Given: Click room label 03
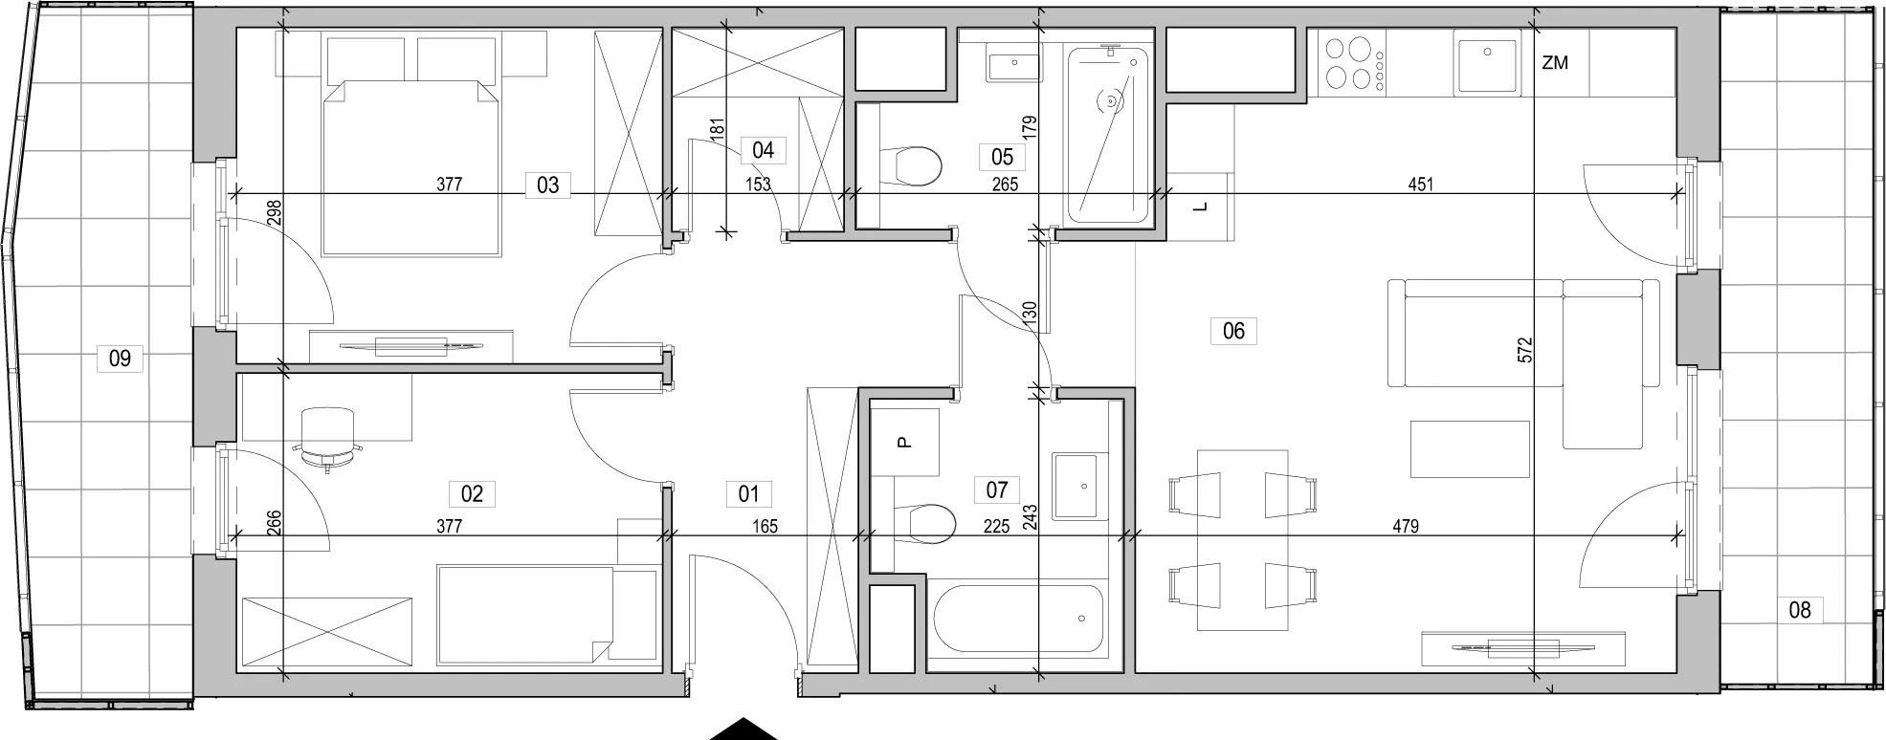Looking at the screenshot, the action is (547, 185).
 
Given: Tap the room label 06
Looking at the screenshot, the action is (1233, 331).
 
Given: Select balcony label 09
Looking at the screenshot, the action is (120, 359).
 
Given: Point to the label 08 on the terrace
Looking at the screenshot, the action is (1800, 609).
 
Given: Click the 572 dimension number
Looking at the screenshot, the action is (1525, 349).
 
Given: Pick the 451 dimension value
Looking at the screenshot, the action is (1421, 185).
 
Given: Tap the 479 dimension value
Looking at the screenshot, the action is (1406, 526).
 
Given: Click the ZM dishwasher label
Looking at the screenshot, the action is (1555, 63).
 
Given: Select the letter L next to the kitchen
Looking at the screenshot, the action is (1202, 207).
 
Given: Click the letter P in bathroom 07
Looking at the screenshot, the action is (903, 443).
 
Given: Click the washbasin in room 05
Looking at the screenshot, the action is (1012, 66).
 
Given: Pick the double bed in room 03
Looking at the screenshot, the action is (412, 168).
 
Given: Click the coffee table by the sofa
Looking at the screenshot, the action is (1469, 448).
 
